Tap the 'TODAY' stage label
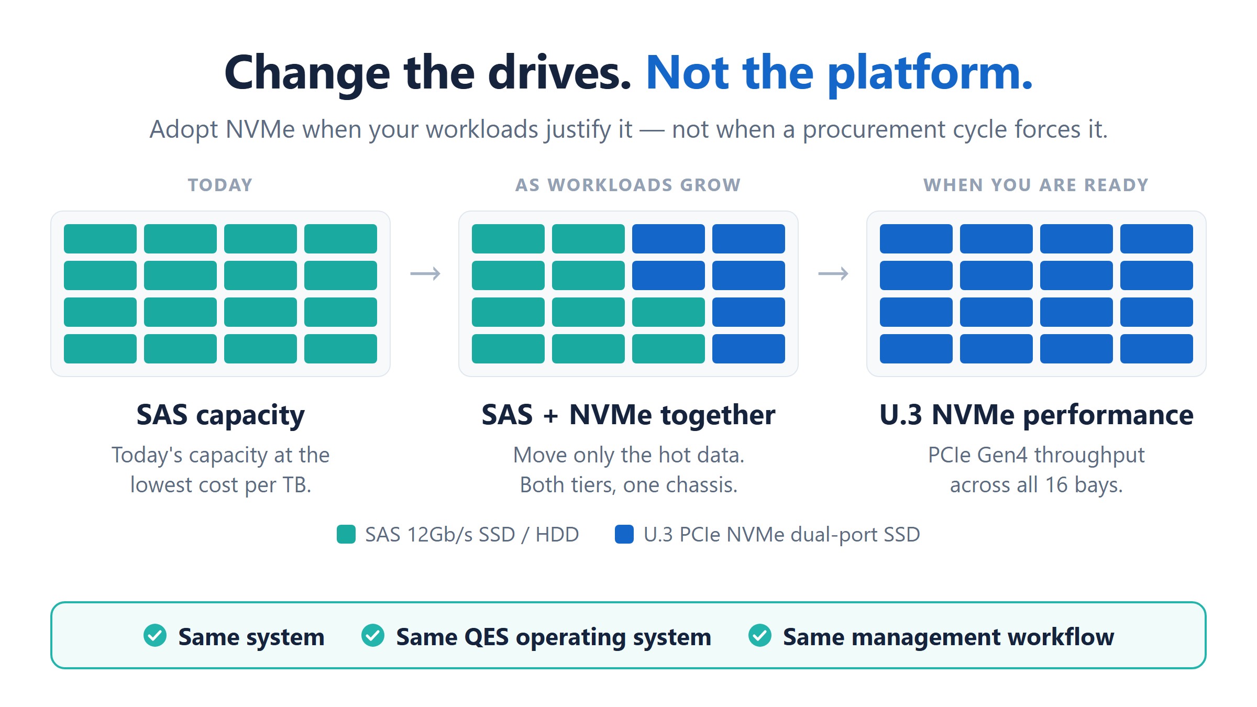[220, 185]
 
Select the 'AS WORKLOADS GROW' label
[628, 185]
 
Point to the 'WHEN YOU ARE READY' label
[1036, 185]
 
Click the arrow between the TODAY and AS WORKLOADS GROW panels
[425, 273]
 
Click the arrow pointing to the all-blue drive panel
[833, 273]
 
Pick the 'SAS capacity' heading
[220, 416]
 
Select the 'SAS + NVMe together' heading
[629, 415]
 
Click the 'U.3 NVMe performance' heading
[1037, 415]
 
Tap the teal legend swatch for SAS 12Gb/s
[346, 534]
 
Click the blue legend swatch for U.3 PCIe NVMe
[624, 534]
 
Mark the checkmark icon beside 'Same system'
[155, 636]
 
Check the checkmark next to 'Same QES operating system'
[373, 636]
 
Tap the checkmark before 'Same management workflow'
[760, 636]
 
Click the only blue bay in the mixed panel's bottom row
[748, 349]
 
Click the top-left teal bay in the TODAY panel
[100, 239]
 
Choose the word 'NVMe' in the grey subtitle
[260, 129]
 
